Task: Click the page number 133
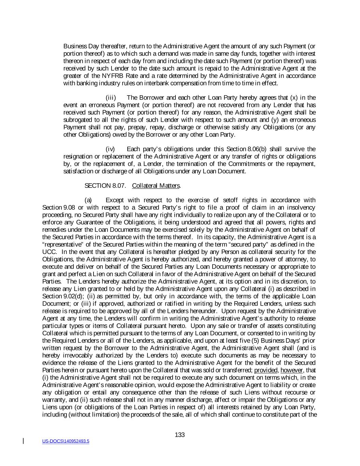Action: (x=179, y=435)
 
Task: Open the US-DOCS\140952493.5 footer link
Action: (x=66, y=441)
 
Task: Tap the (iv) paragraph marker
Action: (x=111, y=149)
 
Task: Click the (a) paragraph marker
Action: (x=88, y=200)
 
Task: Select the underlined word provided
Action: (x=266, y=370)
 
